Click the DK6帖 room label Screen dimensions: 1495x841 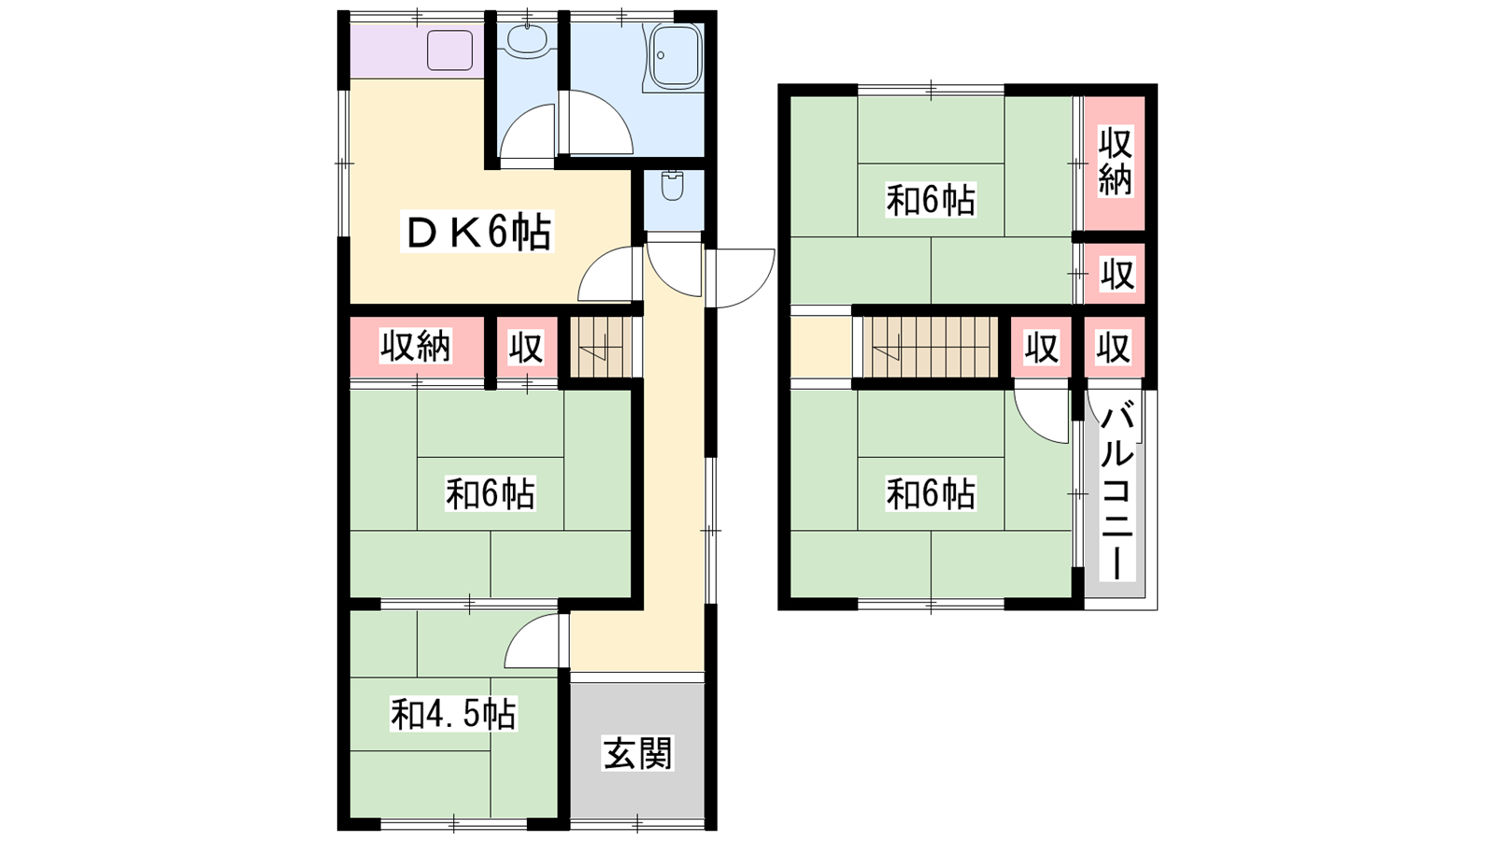coord(477,233)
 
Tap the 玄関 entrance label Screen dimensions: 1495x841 coord(637,752)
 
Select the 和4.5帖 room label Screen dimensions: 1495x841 coord(453,714)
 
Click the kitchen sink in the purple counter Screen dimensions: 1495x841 coord(449,50)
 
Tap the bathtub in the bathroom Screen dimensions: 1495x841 coord(676,57)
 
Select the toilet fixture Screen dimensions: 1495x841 coord(673,186)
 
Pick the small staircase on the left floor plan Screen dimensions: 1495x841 coord(600,347)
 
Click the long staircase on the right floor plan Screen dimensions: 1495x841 coord(931,347)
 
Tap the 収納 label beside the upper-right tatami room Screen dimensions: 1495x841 coord(1116,163)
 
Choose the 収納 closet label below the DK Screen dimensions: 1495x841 coord(416,346)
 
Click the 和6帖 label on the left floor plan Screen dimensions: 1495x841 coord(491,494)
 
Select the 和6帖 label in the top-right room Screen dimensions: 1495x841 coord(931,200)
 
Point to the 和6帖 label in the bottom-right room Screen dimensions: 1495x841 coord(931,494)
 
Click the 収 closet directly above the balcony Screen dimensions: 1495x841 coord(1114,348)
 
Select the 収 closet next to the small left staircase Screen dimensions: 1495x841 coord(527,347)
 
